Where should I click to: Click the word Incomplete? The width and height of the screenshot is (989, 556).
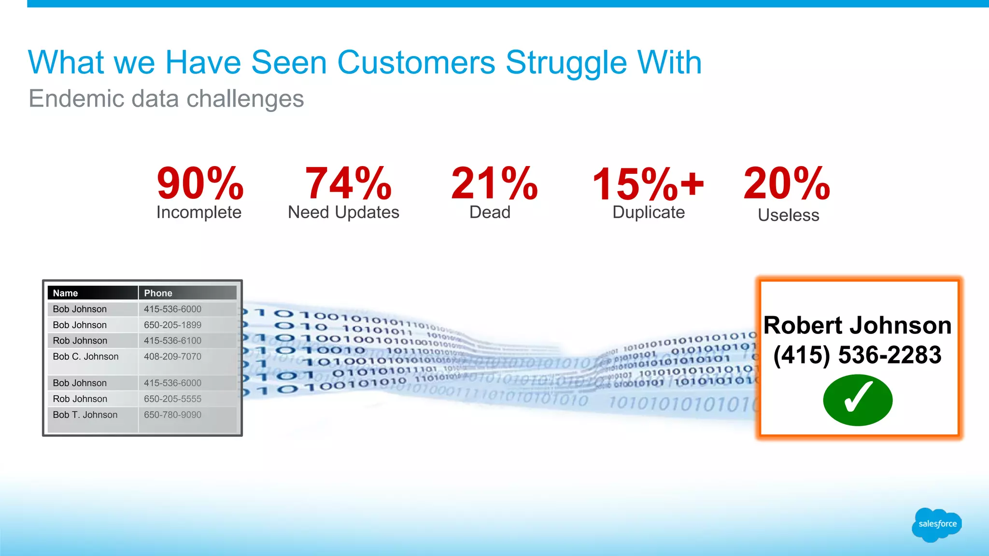[x=199, y=212]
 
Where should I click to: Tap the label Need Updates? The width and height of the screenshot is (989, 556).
[x=343, y=212]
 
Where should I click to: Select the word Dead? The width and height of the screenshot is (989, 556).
[x=490, y=212]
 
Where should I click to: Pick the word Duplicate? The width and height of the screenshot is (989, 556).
[x=649, y=212]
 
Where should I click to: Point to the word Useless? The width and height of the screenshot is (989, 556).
[x=789, y=215]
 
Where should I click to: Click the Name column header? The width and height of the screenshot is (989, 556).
[x=66, y=293]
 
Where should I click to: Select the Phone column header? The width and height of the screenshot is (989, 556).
[x=158, y=293]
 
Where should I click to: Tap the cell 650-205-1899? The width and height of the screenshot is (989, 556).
[x=172, y=325]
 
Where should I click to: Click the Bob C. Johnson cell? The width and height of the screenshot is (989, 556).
[x=85, y=357]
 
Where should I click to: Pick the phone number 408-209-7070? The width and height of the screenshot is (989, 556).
[x=172, y=357]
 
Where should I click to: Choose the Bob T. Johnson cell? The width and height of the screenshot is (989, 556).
[x=85, y=415]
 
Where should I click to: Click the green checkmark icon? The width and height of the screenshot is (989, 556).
[x=858, y=400]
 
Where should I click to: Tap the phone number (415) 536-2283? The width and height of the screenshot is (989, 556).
[x=857, y=355]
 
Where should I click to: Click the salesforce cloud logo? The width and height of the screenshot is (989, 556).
[x=937, y=524]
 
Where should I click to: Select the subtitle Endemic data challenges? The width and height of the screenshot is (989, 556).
[x=166, y=99]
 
